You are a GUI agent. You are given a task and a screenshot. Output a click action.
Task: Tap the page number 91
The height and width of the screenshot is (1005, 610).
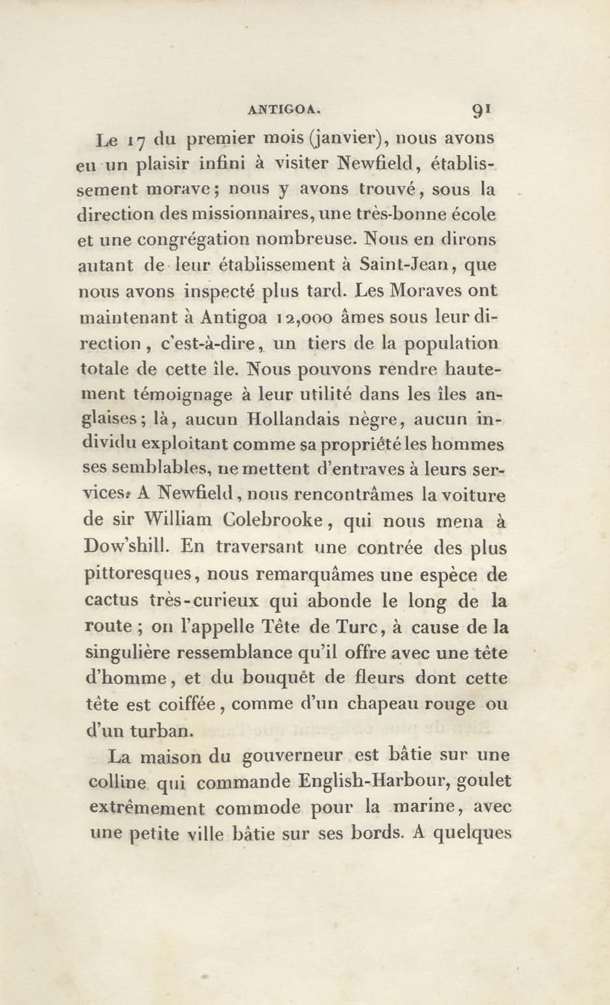point(482,110)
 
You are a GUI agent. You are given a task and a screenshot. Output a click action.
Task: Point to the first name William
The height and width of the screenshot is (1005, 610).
point(178,521)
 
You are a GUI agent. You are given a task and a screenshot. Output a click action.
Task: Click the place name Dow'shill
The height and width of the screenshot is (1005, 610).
point(126,547)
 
